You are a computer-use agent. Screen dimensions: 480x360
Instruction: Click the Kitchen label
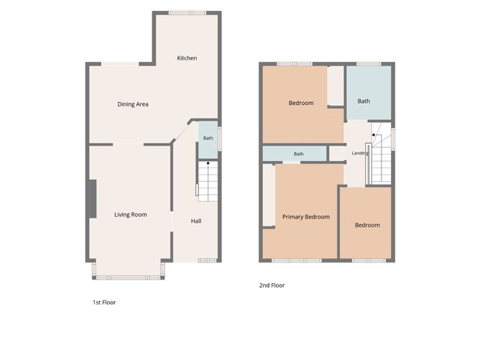pyautogui.click(x=187, y=58)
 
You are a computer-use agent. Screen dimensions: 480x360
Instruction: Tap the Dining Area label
pyautogui.click(x=133, y=104)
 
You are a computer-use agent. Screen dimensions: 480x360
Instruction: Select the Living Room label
pyautogui.click(x=131, y=215)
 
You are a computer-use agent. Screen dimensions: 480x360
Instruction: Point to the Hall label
pyautogui.click(x=196, y=221)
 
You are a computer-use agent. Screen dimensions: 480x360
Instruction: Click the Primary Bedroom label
pyautogui.click(x=306, y=217)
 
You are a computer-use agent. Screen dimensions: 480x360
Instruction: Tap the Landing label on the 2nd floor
pyautogui.click(x=360, y=153)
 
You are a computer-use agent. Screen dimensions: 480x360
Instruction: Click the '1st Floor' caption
pyautogui.click(x=104, y=303)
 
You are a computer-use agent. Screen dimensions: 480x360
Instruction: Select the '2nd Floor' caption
pyautogui.click(x=272, y=285)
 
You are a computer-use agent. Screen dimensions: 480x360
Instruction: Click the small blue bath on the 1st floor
pyautogui.click(x=208, y=140)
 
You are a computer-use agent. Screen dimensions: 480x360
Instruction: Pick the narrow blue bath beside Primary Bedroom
pyautogui.click(x=295, y=154)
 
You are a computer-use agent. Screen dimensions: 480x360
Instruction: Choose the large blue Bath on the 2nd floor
pyautogui.click(x=369, y=93)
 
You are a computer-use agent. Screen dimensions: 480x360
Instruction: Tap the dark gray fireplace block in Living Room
pyautogui.click(x=92, y=199)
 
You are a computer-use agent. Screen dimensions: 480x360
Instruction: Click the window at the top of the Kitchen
pyautogui.click(x=188, y=13)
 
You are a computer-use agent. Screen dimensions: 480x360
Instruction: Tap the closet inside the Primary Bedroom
pyautogui.click(x=269, y=195)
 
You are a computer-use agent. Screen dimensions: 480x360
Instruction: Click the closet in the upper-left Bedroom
pyautogui.click(x=336, y=86)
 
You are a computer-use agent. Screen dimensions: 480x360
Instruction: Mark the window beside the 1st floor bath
pyautogui.click(x=219, y=139)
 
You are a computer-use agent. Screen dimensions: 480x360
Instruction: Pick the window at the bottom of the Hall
pyautogui.click(x=207, y=261)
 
